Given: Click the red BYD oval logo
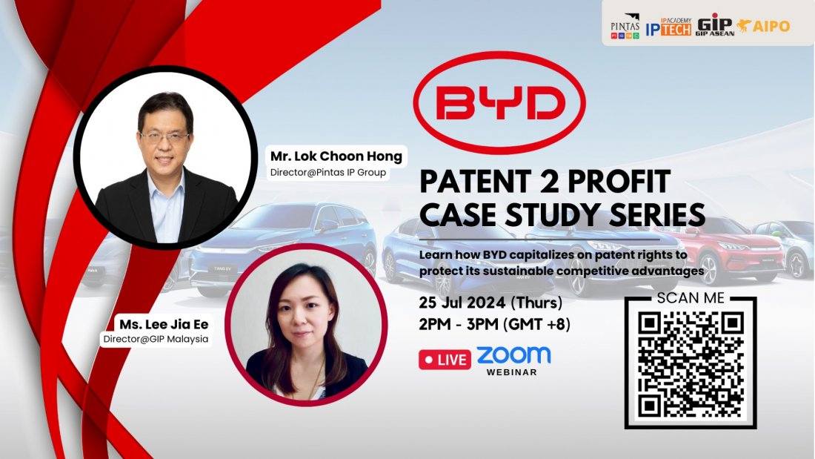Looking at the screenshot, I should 499,105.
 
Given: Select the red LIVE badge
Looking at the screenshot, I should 445,360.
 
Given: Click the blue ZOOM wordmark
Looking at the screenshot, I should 513,354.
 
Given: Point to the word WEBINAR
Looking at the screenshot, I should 512,372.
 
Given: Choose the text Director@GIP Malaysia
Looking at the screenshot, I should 156,339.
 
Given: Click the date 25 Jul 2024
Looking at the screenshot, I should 464,303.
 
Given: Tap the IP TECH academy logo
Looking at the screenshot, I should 668,26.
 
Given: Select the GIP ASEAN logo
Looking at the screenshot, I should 714,25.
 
